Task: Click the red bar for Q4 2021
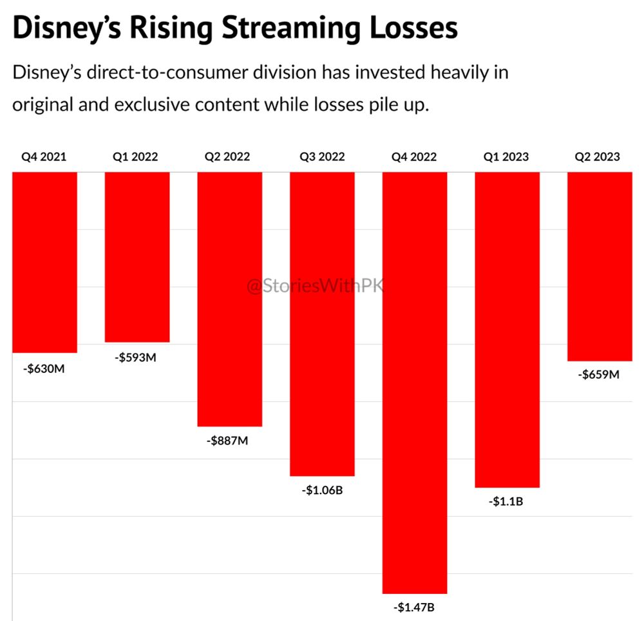pyautogui.click(x=45, y=262)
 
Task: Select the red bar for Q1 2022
pyautogui.click(x=137, y=256)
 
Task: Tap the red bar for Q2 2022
pyautogui.click(x=230, y=299)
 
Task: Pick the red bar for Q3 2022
pyautogui.click(x=322, y=323)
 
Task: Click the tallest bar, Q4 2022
pyautogui.click(x=415, y=382)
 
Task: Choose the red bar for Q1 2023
pyautogui.click(x=507, y=329)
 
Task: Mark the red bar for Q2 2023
pyautogui.click(x=600, y=266)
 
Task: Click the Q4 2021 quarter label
pyautogui.click(x=43, y=157)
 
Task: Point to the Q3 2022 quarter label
pyautogui.click(x=322, y=157)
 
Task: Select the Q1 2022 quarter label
pyautogui.click(x=136, y=157)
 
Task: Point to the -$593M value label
pyautogui.click(x=137, y=358)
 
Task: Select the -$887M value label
pyautogui.click(x=227, y=442)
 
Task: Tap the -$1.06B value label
pyautogui.click(x=322, y=491)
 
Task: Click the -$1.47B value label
pyautogui.click(x=415, y=607)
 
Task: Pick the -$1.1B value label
pyautogui.click(x=506, y=501)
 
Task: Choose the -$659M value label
pyautogui.click(x=599, y=374)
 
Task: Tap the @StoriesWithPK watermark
pyautogui.click(x=315, y=285)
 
